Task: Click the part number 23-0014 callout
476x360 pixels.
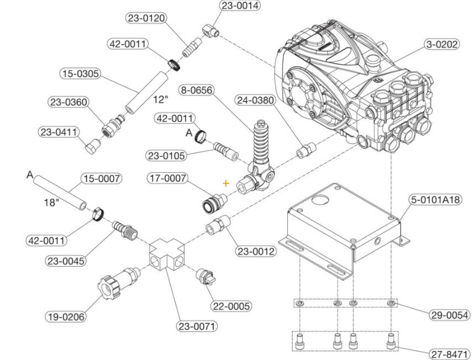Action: coord(240,6)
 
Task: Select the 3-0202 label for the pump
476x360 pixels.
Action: coord(441,44)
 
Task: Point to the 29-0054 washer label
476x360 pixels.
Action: coord(449,315)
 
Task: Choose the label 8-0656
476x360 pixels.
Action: coord(197,89)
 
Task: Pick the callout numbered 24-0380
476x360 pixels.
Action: coord(255,100)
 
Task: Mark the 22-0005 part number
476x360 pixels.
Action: coord(231,306)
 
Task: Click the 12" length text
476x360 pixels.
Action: coord(160,100)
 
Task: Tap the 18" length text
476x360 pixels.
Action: coord(51,203)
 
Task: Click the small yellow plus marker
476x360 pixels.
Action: coord(226,183)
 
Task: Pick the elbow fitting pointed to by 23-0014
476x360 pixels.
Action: coord(210,30)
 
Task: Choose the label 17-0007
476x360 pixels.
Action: coord(167,178)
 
